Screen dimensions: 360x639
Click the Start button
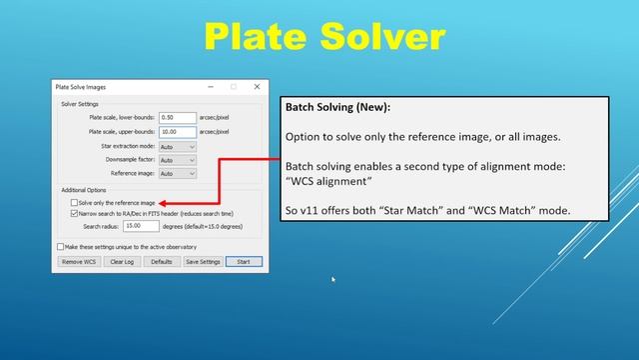tap(244, 261)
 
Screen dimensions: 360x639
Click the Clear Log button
tap(122, 261)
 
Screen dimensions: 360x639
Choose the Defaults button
tap(160, 261)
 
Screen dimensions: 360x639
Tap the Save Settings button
tap(203, 261)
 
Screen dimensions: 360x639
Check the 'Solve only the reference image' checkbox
tap(74, 202)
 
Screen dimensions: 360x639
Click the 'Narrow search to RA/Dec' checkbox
tap(74, 213)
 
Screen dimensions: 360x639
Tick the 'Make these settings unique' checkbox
tap(61, 246)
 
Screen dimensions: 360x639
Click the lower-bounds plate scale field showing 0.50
tap(177, 117)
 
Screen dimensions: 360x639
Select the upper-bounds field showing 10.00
tap(177, 131)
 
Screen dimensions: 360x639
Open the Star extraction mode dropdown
tap(177, 146)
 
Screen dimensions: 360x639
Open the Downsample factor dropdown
tap(177, 160)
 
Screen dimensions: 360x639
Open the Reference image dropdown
tap(177, 173)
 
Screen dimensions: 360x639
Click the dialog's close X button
tap(258, 87)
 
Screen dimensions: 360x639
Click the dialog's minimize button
tap(210, 87)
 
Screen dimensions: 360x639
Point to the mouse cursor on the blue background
tap(333, 280)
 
